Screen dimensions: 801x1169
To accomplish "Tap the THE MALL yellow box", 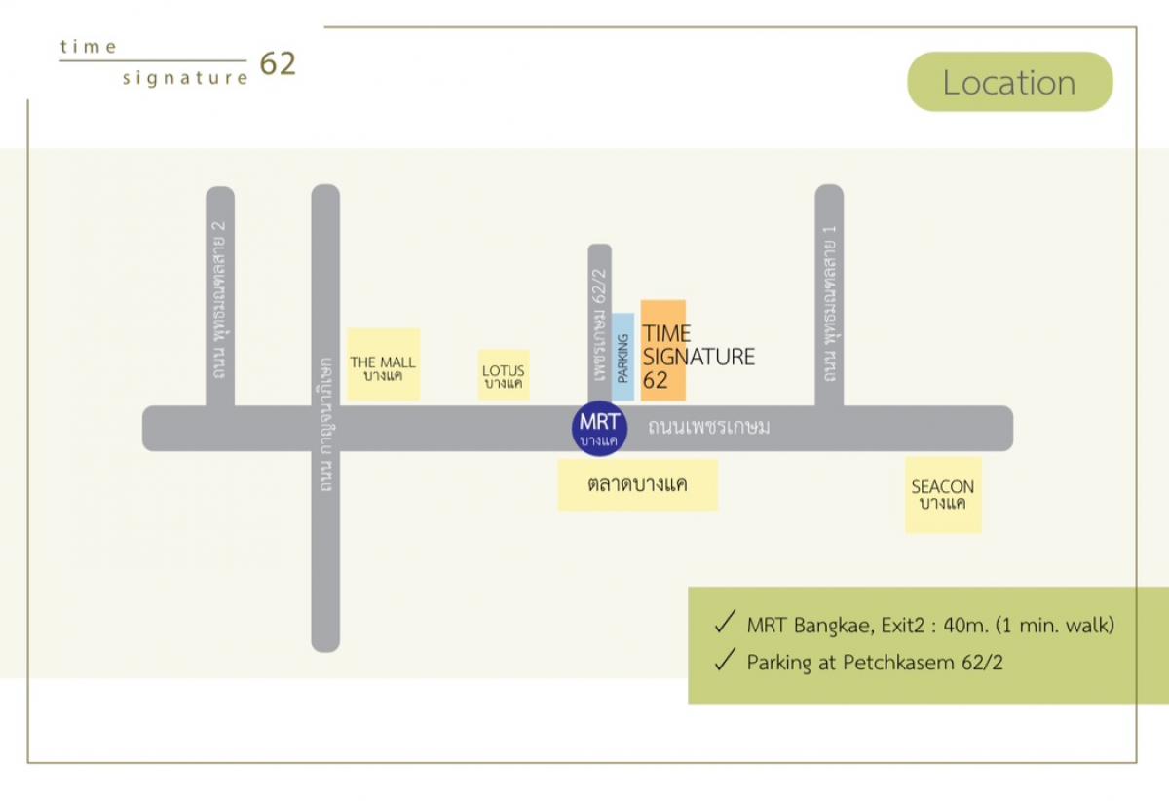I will (x=383, y=364).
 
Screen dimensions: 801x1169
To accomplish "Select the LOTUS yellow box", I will (x=504, y=375).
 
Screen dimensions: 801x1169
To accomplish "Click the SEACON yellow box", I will (x=943, y=495).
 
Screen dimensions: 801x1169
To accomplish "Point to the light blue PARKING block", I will (x=622, y=357).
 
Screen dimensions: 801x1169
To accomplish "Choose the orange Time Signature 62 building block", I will (x=663, y=351).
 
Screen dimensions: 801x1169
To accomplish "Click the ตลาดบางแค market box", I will (x=638, y=484).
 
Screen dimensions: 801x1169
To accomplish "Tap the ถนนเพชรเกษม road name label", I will (x=709, y=427).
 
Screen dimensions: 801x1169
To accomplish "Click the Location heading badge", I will (x=1009, y=83).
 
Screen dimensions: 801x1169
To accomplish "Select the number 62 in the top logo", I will (x=278, y=64).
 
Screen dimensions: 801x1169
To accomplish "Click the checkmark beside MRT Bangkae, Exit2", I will (x=724, y=624).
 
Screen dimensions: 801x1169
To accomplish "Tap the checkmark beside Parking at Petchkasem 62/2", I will (x=724, y=662).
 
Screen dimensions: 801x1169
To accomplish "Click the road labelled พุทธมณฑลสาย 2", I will (x=220, y=297).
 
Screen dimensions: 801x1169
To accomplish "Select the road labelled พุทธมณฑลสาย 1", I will (x=829, y=297).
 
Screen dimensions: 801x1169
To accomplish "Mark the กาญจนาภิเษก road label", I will (x=325, y=424).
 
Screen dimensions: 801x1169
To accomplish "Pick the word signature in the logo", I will (x=185, y=78).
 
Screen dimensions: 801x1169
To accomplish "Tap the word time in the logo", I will (x=89, y=46).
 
